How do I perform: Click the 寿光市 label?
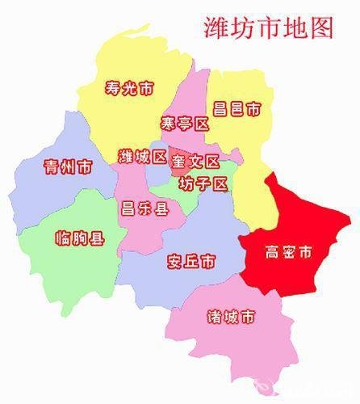click(129, 88)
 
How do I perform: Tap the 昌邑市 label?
click(237, 107)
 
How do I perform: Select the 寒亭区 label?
click(184, 124)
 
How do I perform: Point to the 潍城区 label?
click(142, 156)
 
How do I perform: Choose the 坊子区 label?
click(204, 183)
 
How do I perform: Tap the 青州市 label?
click(67, 167)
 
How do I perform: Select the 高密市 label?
click(288, 254)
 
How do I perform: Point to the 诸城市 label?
click(231, 314)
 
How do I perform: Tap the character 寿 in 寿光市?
click(112, 88)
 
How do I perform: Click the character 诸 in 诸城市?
click(214, 314)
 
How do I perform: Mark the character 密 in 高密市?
click(288, 254)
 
